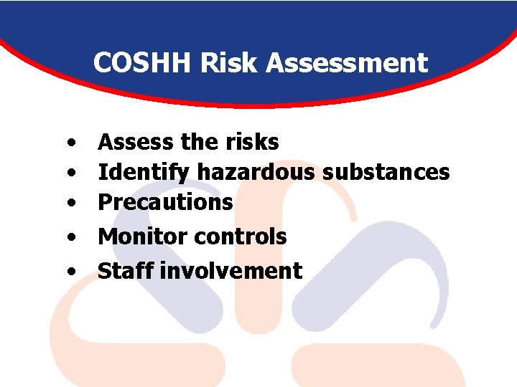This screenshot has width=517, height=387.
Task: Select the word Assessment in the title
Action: point(348,64)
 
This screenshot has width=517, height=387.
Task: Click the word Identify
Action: point(144,172)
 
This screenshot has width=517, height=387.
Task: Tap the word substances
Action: point(386,172)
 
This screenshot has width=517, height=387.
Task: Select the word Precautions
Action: point(165,202)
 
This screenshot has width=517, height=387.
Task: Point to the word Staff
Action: point(126,271)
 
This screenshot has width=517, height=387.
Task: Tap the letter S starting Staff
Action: point(103,271)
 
